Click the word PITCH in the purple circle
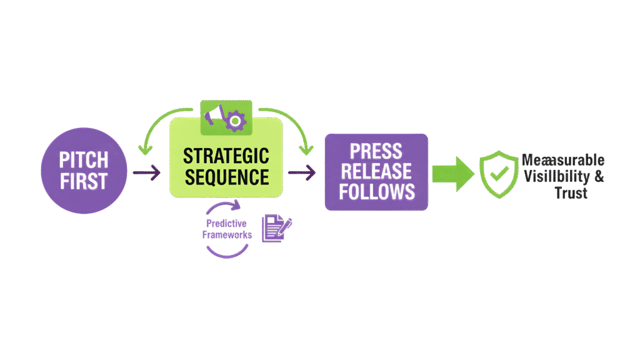point(84,159)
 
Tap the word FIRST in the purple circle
point(84,181)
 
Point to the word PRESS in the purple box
point(376,152)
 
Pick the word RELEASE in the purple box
point(376,171)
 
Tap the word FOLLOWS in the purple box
point(376,191)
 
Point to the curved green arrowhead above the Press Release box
point(306,149)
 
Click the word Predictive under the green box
point(227,223)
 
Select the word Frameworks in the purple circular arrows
point(227,235)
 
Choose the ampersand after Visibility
point(599,177)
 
